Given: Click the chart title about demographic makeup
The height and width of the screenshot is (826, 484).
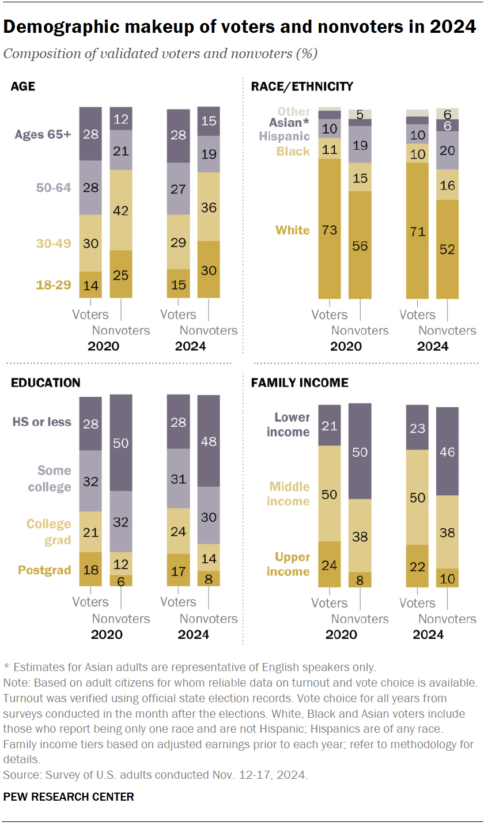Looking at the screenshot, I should [x=240, y=26].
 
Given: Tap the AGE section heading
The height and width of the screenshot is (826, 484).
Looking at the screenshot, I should [x=22, y=87].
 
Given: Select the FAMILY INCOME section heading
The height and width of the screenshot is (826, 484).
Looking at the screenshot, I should [x=299, y=382].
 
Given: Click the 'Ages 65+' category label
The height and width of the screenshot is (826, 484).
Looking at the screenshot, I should [x=44, y=134].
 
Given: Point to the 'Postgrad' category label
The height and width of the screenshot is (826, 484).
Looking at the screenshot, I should [x=44, y=570].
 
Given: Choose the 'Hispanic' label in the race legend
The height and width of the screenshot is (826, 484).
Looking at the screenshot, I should [x=284, y=137].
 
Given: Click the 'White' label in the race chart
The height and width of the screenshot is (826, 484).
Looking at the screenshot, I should [x=292, y=230].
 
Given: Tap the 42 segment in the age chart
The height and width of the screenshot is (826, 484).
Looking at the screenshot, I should [x=120, y=210].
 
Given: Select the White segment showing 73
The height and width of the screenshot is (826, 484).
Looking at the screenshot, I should [x=329, y=229].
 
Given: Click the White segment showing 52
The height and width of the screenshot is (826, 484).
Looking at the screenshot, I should [x=447, y=249].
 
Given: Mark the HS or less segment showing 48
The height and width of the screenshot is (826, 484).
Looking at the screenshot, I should [x=208, y=441].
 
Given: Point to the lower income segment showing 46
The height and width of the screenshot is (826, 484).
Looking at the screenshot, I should [x=447, y=452].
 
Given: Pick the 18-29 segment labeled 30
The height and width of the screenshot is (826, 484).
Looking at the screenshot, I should [x=208, y=269].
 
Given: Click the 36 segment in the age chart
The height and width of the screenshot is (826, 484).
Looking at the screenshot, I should [x=208, y=206].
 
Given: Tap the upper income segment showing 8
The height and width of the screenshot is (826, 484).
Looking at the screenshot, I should [x=360, y=579].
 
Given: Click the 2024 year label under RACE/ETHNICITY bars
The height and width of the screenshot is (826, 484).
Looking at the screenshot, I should [x=433, y=346].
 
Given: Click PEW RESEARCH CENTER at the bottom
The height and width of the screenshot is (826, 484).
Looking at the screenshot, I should [x=69, y=797].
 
